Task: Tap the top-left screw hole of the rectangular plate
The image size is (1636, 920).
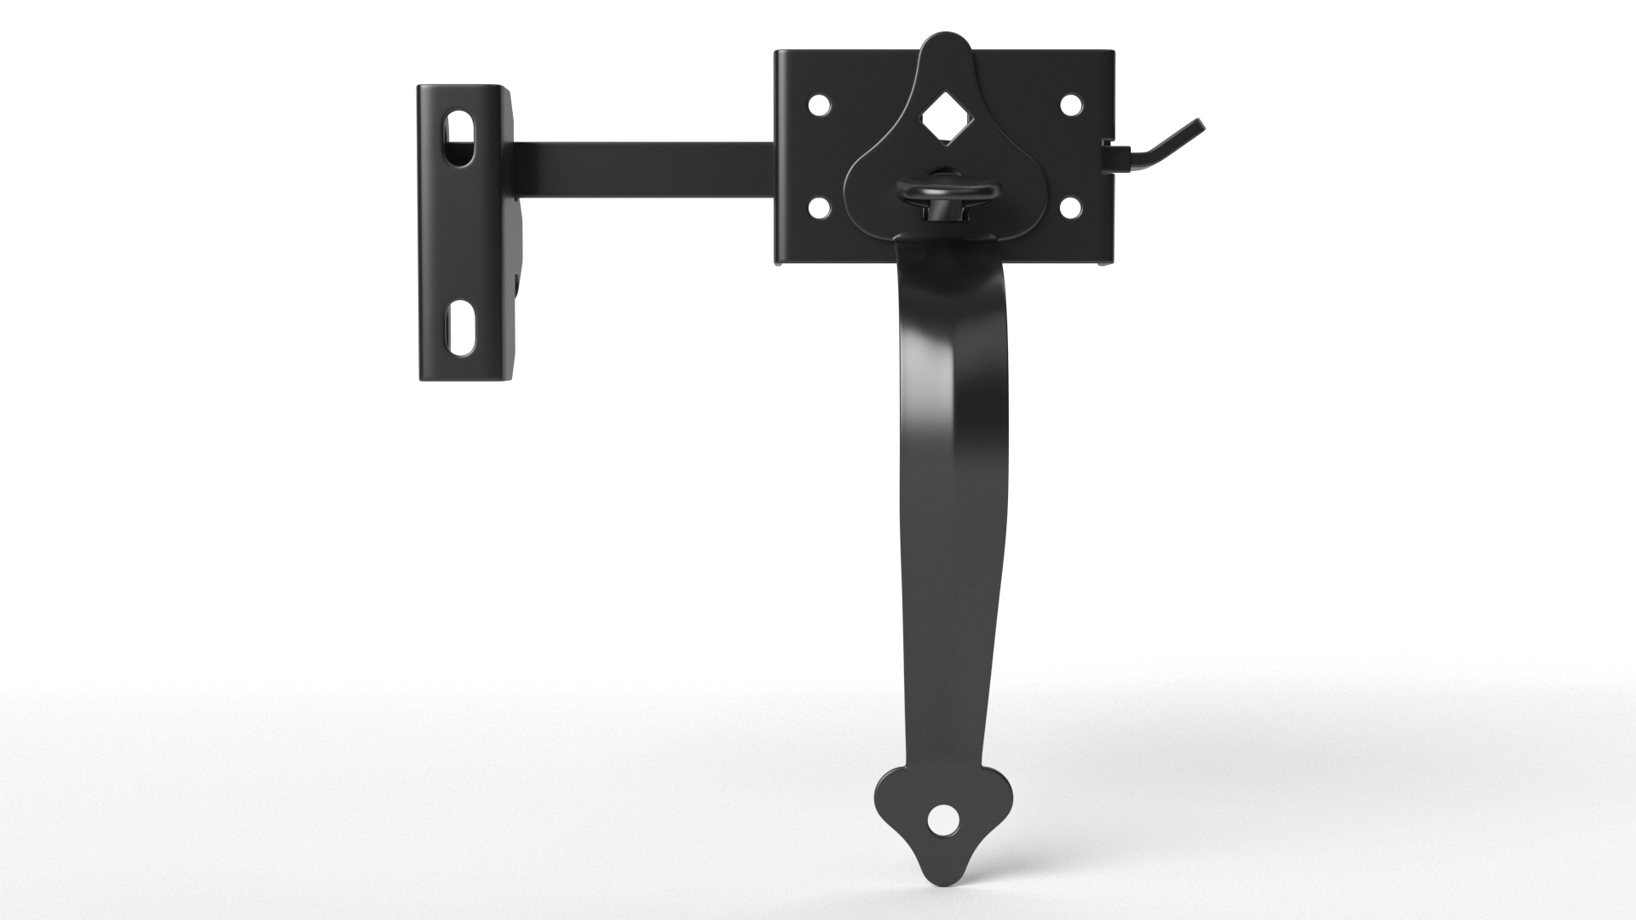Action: point(819,106)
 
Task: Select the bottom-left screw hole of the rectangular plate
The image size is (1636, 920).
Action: point(819,207)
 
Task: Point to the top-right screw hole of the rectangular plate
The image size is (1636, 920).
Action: point(1070,106)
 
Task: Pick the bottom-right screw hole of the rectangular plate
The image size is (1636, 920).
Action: point(1070,207)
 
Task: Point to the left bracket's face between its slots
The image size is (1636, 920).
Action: point(460,234)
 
